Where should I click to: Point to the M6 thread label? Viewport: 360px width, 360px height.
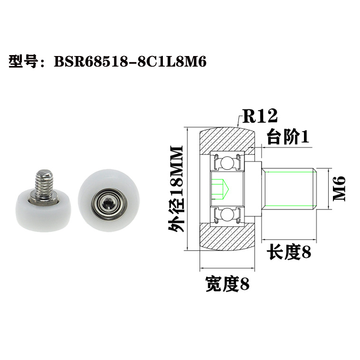pos(339,189)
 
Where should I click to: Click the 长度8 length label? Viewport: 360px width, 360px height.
pos(289,252)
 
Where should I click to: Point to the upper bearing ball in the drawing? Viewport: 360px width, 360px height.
pos(227,162)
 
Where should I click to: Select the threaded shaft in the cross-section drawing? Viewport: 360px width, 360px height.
pos(290,189)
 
